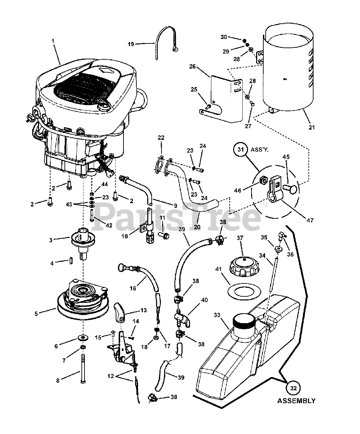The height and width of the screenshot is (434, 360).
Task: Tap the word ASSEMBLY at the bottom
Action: pos(296,401)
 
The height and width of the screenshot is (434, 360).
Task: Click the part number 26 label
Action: pos(192,66)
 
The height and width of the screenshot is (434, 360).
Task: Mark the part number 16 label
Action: pos(133,288)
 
